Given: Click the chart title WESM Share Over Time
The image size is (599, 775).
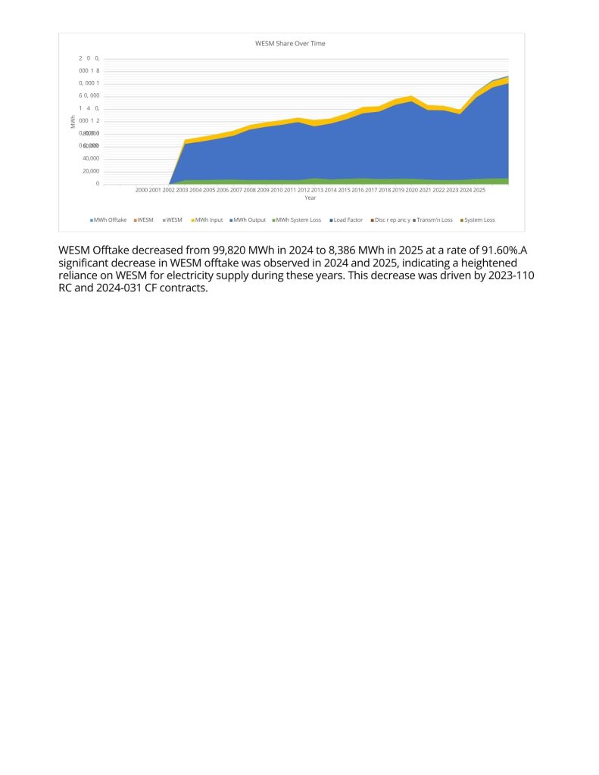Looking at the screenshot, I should point(290,44).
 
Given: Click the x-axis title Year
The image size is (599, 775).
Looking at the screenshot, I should point(310,198).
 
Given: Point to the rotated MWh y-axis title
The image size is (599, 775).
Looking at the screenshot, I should point(73,121).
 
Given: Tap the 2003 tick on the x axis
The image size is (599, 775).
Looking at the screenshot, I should point(182,190).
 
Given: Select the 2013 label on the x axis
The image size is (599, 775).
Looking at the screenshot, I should point(317,190).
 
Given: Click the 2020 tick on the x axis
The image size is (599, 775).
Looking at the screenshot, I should point(411,190).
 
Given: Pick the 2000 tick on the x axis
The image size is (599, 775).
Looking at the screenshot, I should point(142,190).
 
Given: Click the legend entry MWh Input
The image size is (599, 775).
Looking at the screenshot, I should point(208,219).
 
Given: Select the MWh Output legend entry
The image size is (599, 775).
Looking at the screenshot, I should point(249,219).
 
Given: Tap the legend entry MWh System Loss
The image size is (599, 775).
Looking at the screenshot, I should point(298,219).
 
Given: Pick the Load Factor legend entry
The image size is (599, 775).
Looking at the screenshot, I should point(348,219).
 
